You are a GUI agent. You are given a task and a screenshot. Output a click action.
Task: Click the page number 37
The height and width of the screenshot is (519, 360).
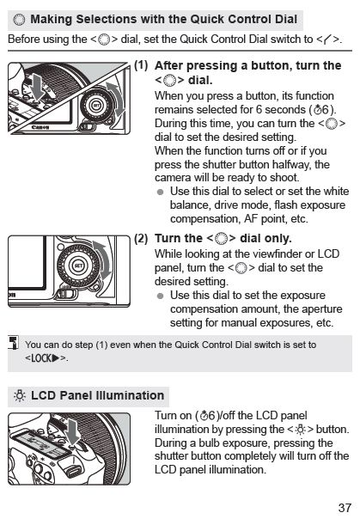(x=345, y=508)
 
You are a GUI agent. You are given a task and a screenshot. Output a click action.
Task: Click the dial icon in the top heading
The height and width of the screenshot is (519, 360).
(x=19, y=20)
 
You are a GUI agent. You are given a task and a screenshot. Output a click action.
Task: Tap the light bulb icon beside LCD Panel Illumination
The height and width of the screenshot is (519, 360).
(x=20, y=396)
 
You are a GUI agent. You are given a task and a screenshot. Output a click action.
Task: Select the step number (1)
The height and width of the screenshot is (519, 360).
(x=141, y=65)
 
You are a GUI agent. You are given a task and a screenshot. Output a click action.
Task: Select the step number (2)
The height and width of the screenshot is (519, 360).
(x=141, y=238)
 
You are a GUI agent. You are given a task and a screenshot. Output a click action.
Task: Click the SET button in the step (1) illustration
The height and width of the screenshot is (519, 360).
(x=96, y=106)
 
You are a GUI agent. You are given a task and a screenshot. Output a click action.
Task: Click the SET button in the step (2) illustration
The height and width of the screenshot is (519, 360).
(x=78, y=266)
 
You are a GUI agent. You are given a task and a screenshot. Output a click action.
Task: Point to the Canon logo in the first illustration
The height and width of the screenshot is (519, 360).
(x=40, y=127)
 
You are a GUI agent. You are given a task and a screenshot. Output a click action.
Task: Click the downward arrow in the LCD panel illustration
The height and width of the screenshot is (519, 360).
(x=73, y=431)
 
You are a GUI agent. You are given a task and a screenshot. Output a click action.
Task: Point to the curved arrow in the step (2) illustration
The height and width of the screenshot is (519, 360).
(x=104, y=260)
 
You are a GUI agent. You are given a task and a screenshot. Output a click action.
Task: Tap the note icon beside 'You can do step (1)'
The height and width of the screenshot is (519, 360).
(x=14, y=342)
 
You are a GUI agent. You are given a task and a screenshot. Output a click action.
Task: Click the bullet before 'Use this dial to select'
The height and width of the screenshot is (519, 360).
(x=161, y=192)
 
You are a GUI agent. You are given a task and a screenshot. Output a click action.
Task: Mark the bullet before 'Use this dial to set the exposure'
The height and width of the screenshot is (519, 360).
(x=161, y=296)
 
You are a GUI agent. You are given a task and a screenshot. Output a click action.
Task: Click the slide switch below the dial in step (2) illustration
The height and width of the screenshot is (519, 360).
(x=66, y=293)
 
